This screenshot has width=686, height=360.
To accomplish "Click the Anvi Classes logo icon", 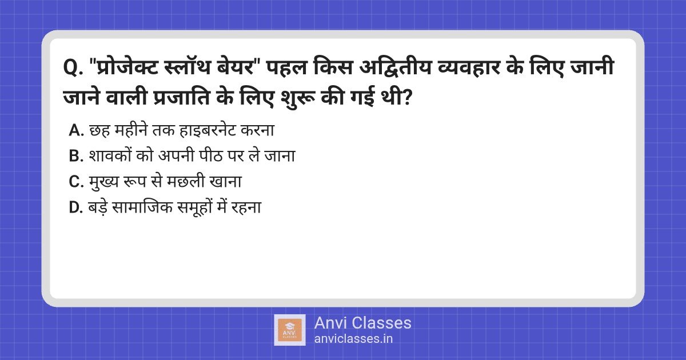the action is [x=290, y=330].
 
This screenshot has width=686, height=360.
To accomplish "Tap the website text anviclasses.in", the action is [x=353, y=338].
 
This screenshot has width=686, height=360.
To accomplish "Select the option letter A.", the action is [x=76, y=130].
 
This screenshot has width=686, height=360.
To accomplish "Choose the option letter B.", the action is [x=76, y=156].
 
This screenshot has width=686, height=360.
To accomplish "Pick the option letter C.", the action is [x=76, y=182].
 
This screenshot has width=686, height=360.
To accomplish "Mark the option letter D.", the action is [x=76, y=207].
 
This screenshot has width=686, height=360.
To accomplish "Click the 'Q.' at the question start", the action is [x=73, y=67].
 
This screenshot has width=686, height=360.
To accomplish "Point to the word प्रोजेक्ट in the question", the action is [x=127, y=67].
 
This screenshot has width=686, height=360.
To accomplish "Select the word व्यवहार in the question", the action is [x=469, y=67].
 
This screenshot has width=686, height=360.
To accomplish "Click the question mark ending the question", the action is [x=406, y=98].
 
